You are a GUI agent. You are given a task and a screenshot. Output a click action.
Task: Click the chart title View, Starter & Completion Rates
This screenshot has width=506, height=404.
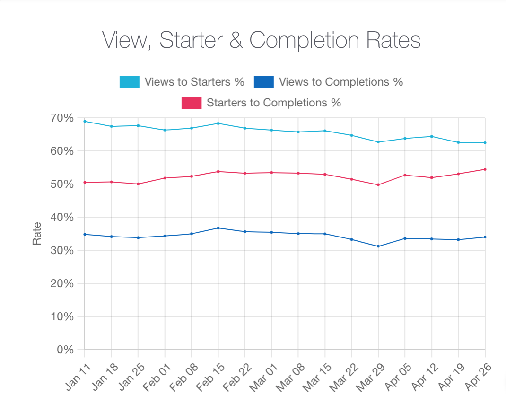[261, 40]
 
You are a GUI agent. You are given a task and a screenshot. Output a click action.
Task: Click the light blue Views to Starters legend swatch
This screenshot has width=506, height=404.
[130, 82]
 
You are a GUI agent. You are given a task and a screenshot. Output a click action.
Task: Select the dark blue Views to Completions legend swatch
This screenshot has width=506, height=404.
[264, 82]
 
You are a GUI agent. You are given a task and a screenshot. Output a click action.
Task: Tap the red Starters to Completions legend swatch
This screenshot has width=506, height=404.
[192, 103]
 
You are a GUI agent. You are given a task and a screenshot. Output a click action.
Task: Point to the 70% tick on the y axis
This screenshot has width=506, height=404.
[62, 118]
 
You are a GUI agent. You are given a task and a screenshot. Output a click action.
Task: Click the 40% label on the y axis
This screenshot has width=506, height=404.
[62, 217]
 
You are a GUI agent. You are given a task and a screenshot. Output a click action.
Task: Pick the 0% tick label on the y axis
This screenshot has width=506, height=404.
[65, 350]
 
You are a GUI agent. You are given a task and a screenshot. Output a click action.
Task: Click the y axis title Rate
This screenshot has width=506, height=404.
[36, 234]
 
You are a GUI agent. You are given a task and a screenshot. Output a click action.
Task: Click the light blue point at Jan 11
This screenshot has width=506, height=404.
[85, 121]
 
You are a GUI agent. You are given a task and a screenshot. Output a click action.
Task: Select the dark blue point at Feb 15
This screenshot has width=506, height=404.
[218, 228]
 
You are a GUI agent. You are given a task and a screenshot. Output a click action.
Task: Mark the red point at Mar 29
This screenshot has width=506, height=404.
[378, 184]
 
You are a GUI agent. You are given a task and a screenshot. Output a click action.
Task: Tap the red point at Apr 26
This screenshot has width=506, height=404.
[485, 169]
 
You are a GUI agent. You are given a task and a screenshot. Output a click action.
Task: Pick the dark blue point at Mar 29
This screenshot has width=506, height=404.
[378, 246]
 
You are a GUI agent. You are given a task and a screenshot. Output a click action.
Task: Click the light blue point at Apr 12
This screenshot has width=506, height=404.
[432, 136]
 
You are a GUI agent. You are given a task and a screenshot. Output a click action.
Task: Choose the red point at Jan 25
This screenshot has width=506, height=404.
[138, 184]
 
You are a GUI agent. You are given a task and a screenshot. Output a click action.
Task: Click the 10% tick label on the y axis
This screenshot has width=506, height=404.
[62, 316]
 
